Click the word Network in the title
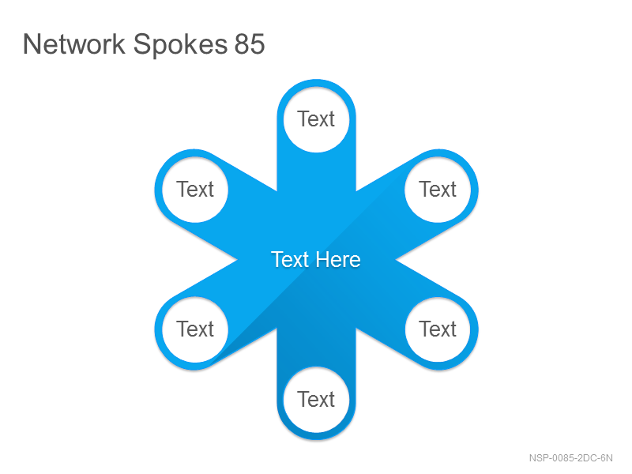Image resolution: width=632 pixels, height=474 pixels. point(74,44)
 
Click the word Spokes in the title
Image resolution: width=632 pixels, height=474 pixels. point(180,45)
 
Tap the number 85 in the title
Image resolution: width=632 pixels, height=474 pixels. point(250,44)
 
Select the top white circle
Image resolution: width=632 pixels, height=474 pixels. point(317,120)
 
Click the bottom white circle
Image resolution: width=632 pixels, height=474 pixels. point(317,400)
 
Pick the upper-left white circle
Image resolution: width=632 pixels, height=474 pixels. point(195,190)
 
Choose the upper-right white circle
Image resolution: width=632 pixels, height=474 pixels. point(438,190)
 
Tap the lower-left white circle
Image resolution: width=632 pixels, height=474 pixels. point(195,329)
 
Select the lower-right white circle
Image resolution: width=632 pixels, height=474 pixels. point(438,329)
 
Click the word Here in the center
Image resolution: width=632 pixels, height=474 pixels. point(338,260)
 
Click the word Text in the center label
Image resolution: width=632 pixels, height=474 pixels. point(290,260)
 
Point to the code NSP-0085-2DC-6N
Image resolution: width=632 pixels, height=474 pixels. point(570,458)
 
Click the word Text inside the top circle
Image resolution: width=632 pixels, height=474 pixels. point(316,119)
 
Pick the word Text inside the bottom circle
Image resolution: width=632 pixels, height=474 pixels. point(316,400)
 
